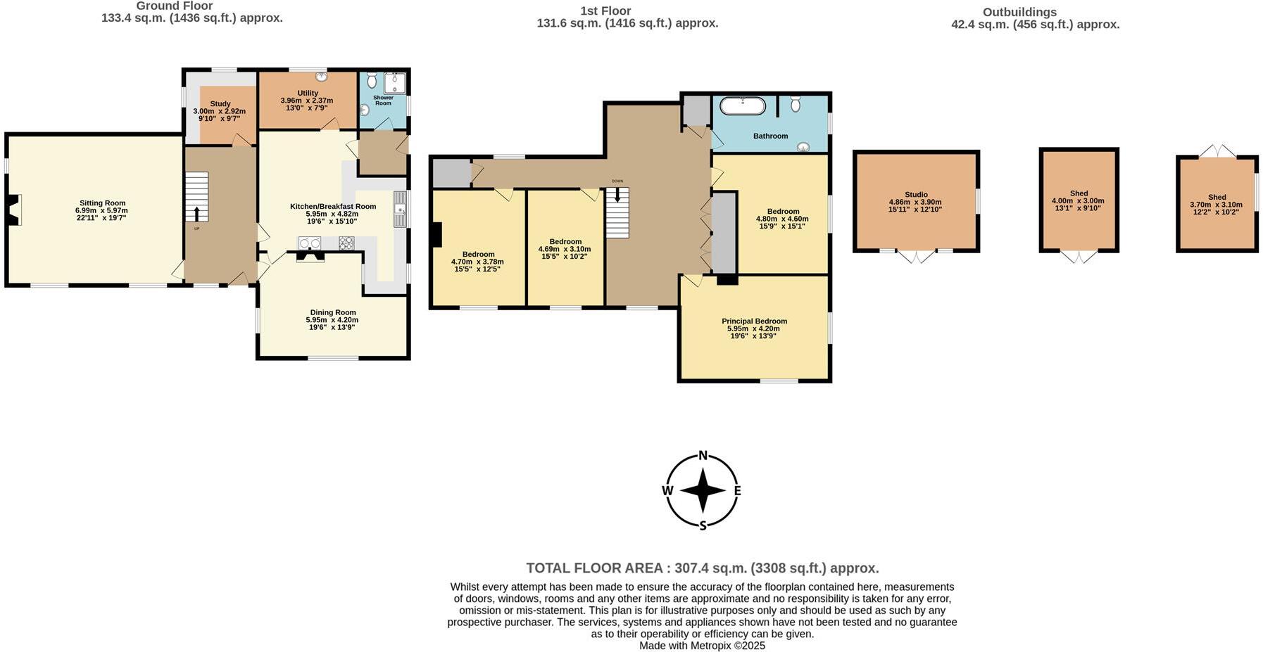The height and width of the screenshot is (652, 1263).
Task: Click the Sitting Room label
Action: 102,203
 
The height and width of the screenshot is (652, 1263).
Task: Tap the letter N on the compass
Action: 702,455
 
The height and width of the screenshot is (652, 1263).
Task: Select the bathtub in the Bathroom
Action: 742,106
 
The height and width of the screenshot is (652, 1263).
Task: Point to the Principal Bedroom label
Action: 753,321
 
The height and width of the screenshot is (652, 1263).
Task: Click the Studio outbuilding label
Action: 916,195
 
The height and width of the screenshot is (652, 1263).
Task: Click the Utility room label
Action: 308,93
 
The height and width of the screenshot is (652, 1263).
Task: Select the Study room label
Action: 220,103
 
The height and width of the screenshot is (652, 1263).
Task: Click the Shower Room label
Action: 383,101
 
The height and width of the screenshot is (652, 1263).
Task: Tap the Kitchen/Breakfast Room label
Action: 333,206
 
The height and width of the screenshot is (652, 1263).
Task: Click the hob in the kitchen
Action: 346,243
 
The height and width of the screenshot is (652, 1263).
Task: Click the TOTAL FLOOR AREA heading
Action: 702,568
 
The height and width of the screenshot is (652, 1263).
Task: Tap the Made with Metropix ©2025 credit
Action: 702,646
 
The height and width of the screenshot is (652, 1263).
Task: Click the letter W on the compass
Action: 667,491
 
